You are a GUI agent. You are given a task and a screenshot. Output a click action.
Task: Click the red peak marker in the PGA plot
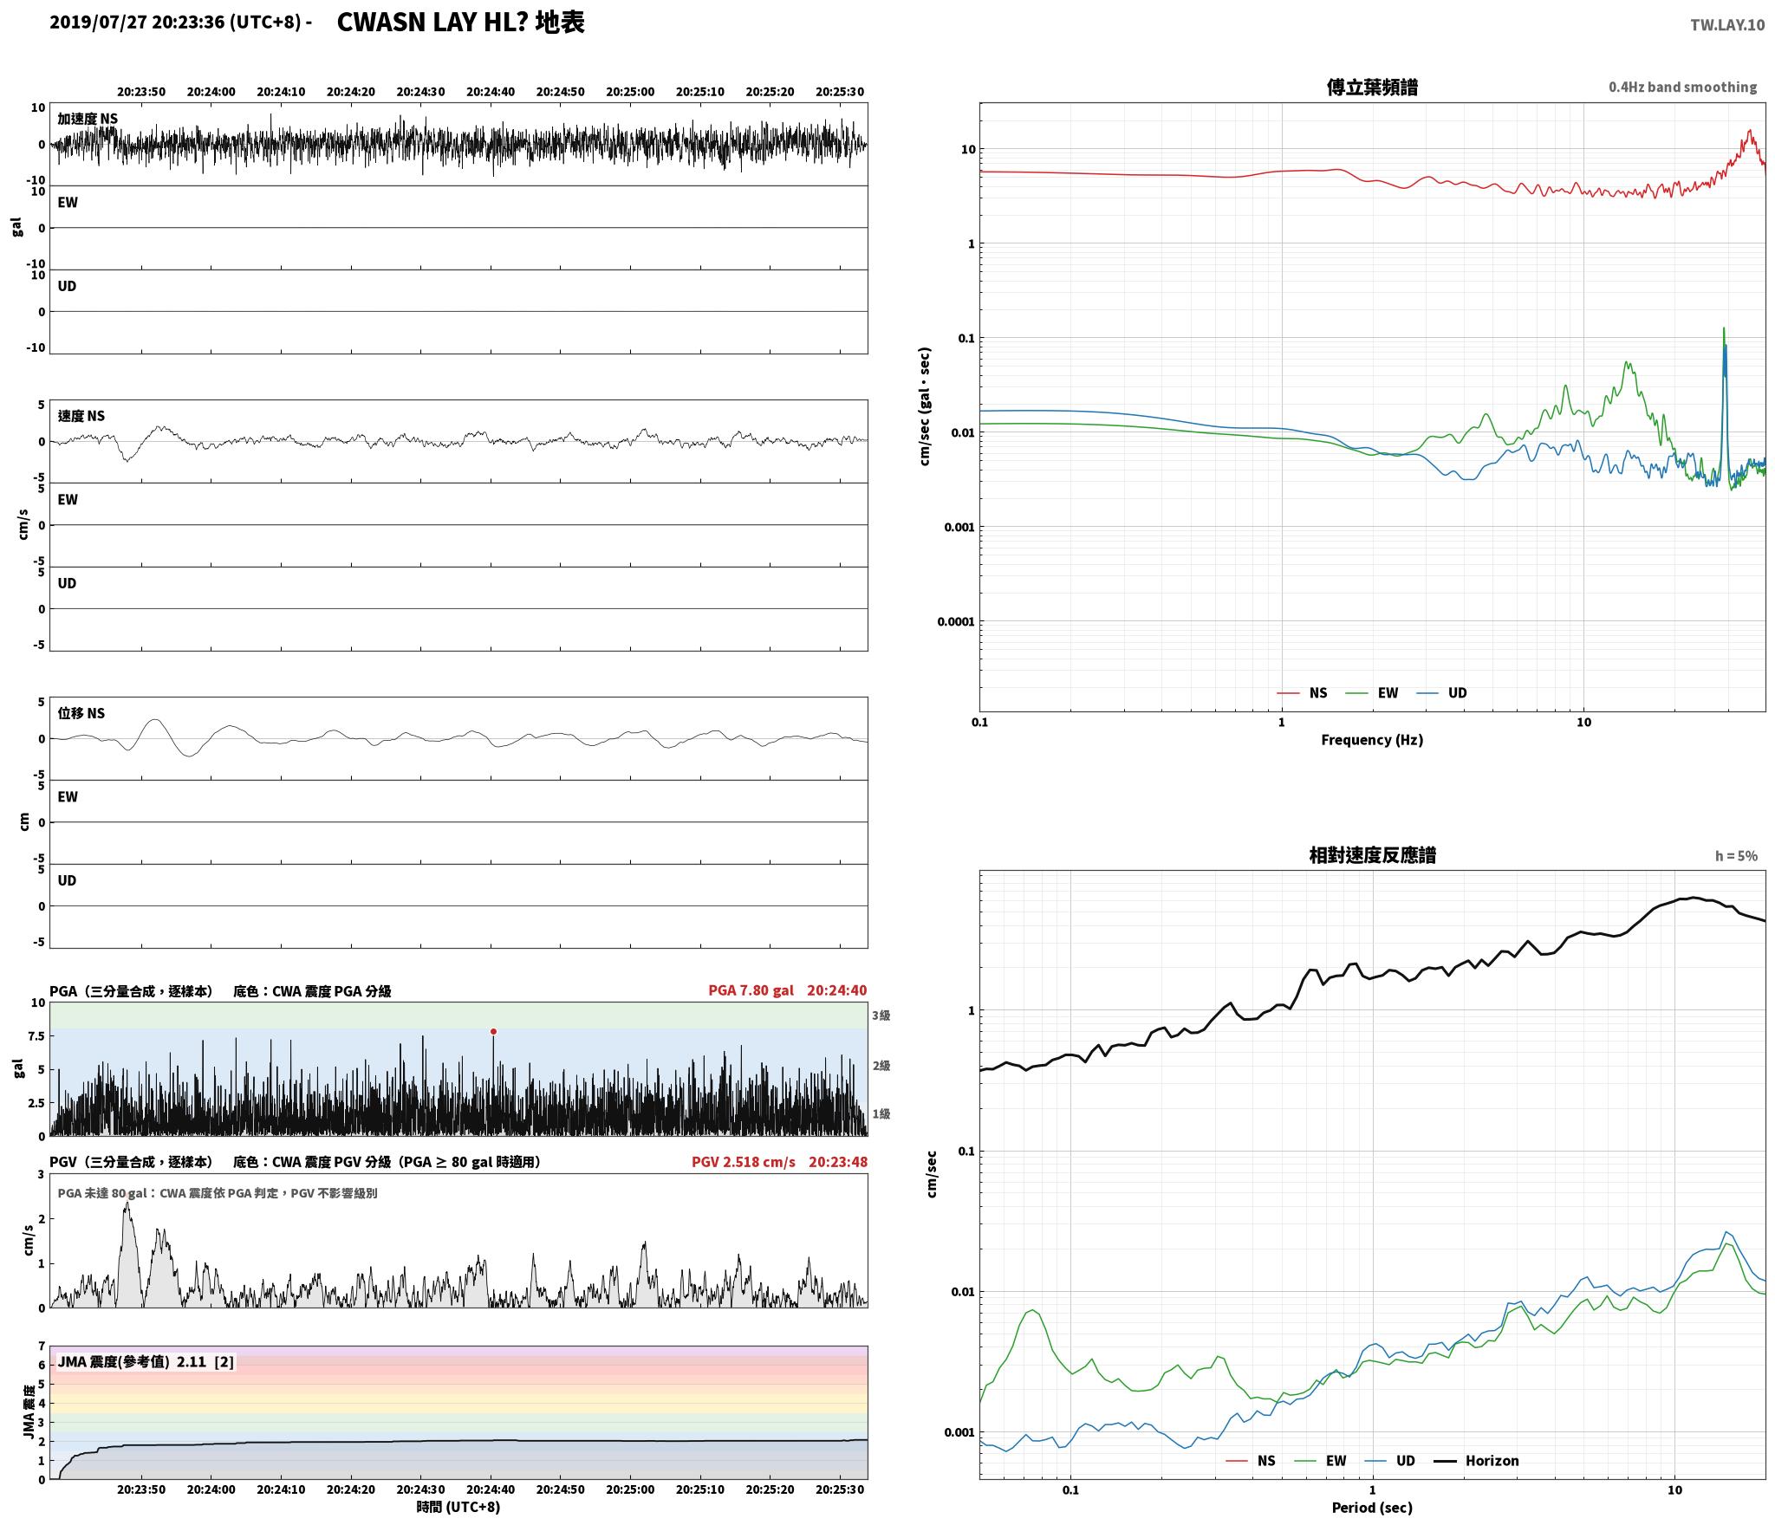click(493, 1031)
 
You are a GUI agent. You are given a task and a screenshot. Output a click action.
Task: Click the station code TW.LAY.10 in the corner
click(1726, 24)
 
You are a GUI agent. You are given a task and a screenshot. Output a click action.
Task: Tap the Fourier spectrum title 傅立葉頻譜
click(1372, 88)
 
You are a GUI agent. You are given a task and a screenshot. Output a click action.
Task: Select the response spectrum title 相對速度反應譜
click(1372, 855)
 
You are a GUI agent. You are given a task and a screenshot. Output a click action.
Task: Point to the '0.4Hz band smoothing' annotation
click(1682, 88)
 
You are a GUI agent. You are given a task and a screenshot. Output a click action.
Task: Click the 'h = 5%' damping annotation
click(1736, 856)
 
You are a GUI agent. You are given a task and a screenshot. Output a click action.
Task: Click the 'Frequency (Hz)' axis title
click(1372, 739)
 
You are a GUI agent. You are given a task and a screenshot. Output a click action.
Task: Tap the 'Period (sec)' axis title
click(1372, 1507)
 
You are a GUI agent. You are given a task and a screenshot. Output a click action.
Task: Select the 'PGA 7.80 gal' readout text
click(751, 990)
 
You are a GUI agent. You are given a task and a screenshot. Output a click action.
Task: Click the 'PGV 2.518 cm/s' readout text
click(743, 1161)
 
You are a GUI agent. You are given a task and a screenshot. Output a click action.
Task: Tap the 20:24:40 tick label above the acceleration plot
click(491, 92)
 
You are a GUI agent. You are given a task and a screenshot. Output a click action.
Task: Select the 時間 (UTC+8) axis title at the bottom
click(458, 1506)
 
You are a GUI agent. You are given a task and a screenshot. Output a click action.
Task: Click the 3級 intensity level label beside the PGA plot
click(881, 1016)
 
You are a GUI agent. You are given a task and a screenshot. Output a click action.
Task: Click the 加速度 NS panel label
click(88, 119)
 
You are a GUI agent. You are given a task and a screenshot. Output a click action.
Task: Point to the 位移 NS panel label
click(81, 713)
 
